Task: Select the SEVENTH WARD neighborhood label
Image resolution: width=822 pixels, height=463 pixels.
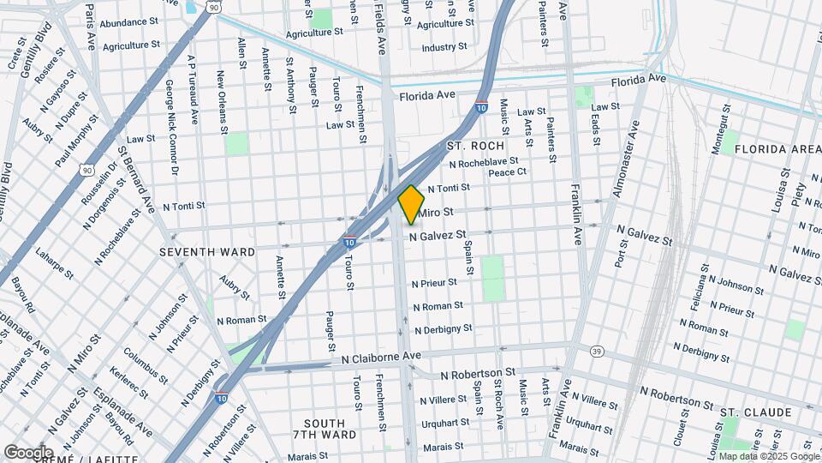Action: click(207, 252)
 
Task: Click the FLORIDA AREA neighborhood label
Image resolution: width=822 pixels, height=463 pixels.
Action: click(783, 149)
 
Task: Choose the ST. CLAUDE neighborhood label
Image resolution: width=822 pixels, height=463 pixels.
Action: click(755, 412)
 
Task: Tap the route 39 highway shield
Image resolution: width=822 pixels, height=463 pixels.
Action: click(597, 352)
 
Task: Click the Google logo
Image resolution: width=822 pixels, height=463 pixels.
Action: click(29, 452)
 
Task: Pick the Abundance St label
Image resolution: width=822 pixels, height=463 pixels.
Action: click(128, 23)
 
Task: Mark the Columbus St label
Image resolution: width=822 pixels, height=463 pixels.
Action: click(144, 364)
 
